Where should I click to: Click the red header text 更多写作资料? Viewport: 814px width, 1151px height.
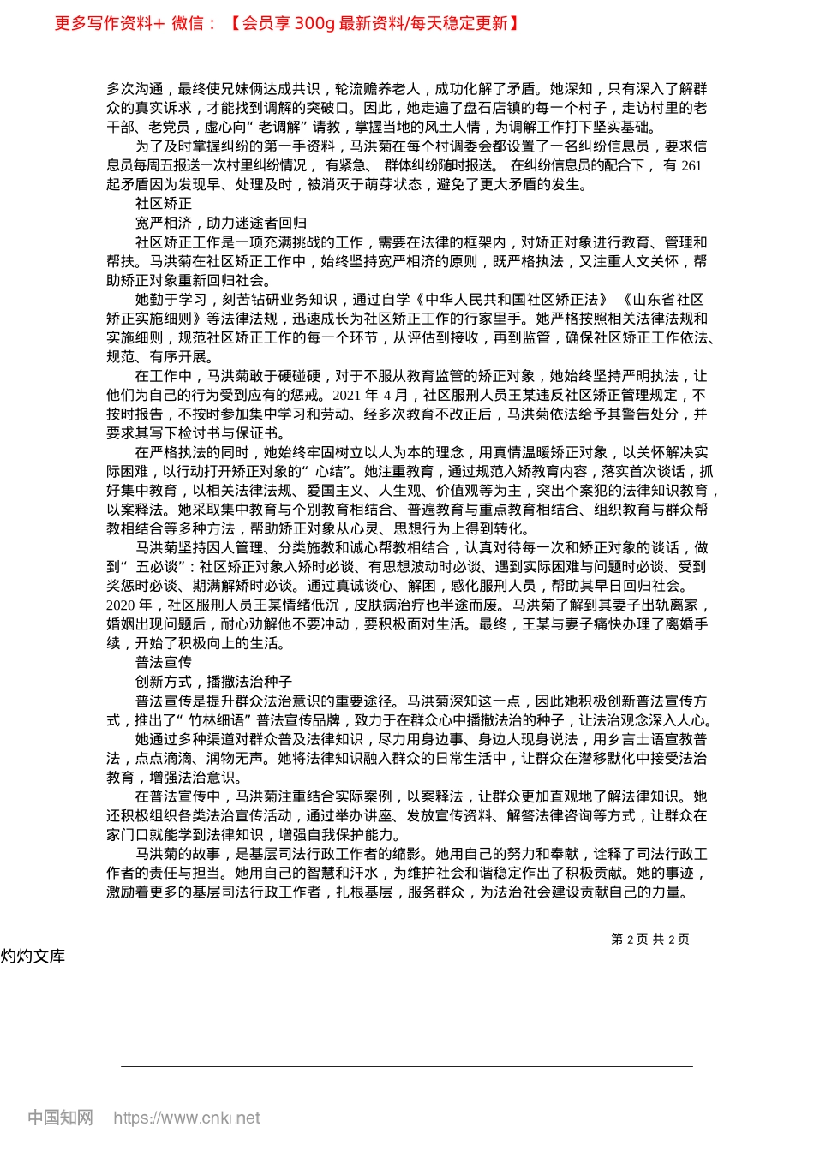pyautogui.click(x=103, y=23)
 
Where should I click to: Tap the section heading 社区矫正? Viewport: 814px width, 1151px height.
pyautogui.click(x=164, y=204)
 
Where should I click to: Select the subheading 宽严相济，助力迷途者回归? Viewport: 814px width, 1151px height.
pyautogui.click(x=221, y=223)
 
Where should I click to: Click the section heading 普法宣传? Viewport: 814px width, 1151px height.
pyautogui.click(x=164, y=662)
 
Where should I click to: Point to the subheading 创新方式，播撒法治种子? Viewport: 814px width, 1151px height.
pyautogui.click(x=213, y=682)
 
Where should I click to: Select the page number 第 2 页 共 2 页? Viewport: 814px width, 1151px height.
pyautogui.click(x=649, y=939)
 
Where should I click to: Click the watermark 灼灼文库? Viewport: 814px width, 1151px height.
pyautogui.click(x=33, y=957)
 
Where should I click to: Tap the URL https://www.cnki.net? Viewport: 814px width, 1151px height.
pyautogui.click(x=187, y=1118)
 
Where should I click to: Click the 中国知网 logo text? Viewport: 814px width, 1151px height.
pyautogui.click(x=60, y=1118)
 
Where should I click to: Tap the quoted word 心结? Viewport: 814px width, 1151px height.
pyautogui.click(x=329, y=471)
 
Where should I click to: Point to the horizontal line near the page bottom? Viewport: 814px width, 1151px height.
pyautogui.click(x=407, y=1066)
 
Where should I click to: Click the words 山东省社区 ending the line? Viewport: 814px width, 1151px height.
pyautogui.click(x=667, y=299)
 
